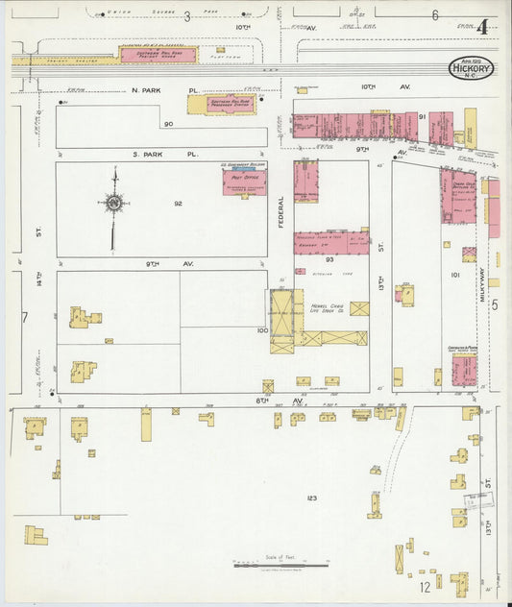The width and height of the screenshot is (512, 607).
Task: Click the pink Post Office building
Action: [x=245, y=182]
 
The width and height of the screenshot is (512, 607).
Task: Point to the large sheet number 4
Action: [x=480, y=26]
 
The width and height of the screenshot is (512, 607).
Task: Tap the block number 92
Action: [x=178, y=203]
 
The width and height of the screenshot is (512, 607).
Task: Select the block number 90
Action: [x=167, y=124]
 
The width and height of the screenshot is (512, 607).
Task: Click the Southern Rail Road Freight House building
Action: [x=158, y=55]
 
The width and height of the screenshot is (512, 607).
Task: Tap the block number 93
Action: [x=329, y=258]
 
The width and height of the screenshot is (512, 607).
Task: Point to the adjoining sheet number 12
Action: [x=424, y=586]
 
